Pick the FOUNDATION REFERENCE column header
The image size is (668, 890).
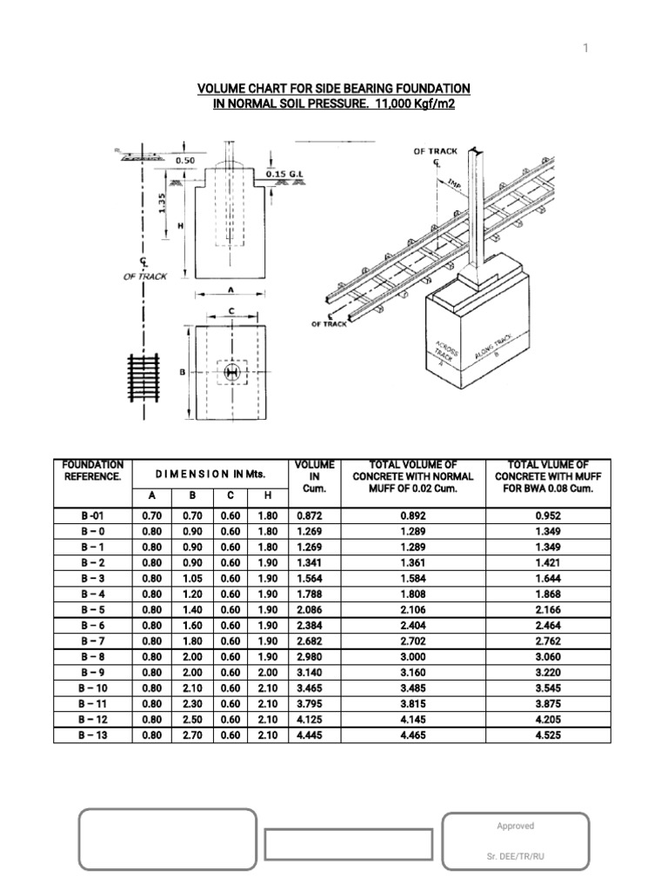pos(93,470)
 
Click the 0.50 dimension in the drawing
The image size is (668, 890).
pos(185,161)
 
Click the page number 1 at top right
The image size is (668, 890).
pos(586,49)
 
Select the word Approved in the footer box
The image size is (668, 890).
pos(516,827)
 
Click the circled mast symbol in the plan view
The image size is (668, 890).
pos(231,372)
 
